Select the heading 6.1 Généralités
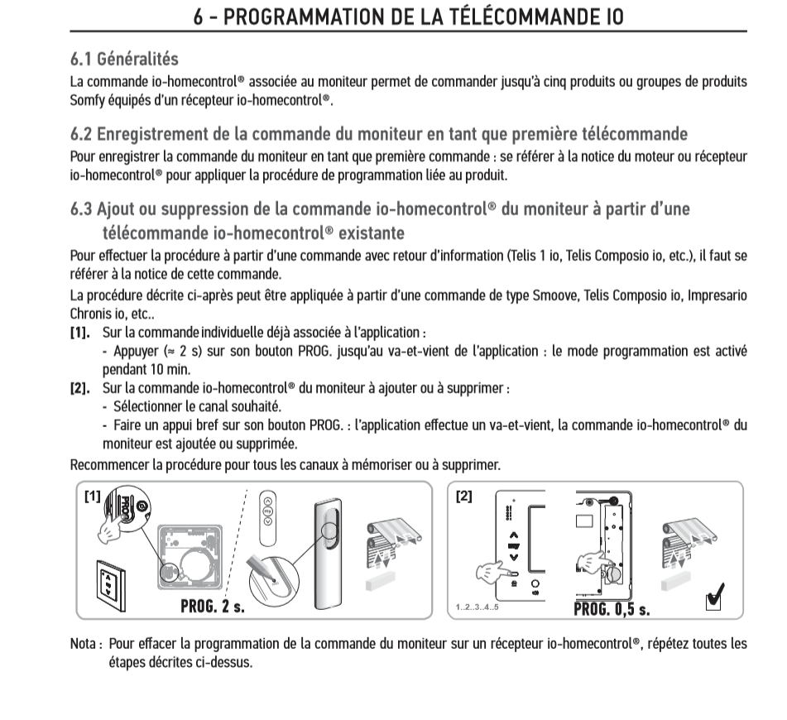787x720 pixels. pos(124,60)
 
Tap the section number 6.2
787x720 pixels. pos(82,134)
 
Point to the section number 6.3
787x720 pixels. pos(82,209)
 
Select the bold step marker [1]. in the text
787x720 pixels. pos(81,333)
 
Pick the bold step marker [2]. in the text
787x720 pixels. pos(81,387)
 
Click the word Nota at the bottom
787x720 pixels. pos(86,643)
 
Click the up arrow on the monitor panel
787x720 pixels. pos(513,535)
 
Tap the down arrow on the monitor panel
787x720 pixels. pos(513,556)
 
